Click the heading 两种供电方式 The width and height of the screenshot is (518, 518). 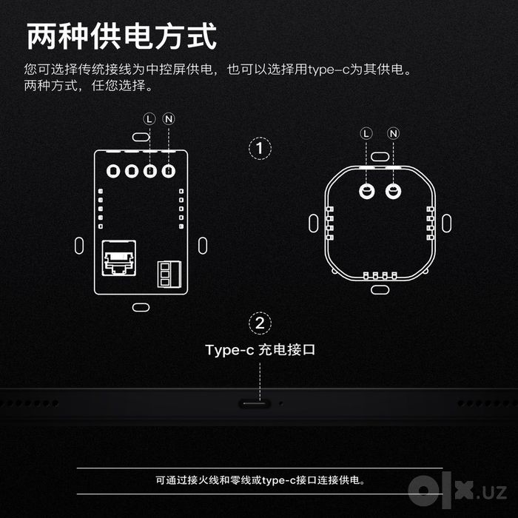pyautogui.click(x=121, y=36)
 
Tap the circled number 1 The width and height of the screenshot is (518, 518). pyautogui.click(x=260, y=148)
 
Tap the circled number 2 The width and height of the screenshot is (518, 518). pyautogui.click(x=260, y=323)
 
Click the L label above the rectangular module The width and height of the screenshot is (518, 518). pyautogui.click(x=149, y=119)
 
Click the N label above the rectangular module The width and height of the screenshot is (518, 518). pyautogui.click(x=169, y=119)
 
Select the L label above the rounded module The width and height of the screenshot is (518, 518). pyautogui.click(x=366, y=133)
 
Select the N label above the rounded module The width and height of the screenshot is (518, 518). pyautogui.click(x=393, y=133)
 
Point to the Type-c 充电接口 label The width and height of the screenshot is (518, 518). pyautogui.click(x=260, y=350)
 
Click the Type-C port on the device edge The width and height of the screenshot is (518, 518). pyautogui.click(x=255, y=404)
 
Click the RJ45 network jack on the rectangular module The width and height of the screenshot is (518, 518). pyautogui.click(x=119, y=258)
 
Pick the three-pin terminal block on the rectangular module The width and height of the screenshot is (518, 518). pyautogui.click(x=169, y=275)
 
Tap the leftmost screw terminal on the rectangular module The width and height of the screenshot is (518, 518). pyautogui.click(x=113, y=171)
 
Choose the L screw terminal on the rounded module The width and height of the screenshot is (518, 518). pyautogui.click(x=367, y=191)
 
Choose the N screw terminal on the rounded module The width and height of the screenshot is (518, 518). pyautogui.click(x=393, y=191)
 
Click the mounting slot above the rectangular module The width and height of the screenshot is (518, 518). pyautogui.click(x=141, y=137)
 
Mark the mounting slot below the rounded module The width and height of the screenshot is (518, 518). pyautogui.click(x=380, y=290)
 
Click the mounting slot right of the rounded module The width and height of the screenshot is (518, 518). pyautogui.click(x=446, y=223)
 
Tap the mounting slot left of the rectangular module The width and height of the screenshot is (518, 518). pyautogui.click(x=79, y=246)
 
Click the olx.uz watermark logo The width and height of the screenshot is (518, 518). pyautogui.click(x=457, y=490)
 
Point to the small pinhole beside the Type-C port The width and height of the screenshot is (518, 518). pyautogui.click(x=280, y=403)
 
